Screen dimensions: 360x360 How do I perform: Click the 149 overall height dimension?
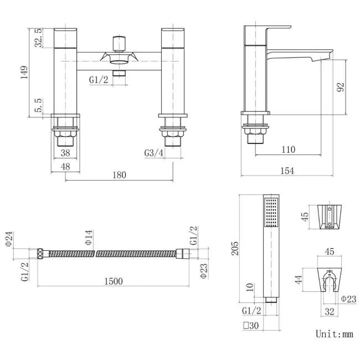pos(24,73)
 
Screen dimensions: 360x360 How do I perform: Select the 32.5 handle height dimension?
pos(38,38)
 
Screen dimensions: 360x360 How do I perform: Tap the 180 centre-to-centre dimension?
pos(119,175)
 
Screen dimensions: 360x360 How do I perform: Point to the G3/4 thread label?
pos(154,153)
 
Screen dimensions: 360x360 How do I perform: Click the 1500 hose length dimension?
pos(114,281)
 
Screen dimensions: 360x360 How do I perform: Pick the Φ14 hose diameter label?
pos(89,238)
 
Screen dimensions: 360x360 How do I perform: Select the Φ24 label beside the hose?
pos(9,239)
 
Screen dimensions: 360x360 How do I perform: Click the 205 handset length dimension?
pos(235,248)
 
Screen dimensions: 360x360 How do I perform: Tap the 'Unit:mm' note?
pos(335,334)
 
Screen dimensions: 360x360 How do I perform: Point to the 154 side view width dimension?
pos(287,171)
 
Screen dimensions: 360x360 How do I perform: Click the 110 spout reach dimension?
pos(288,150)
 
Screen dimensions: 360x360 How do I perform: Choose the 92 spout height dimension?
pos(341,88)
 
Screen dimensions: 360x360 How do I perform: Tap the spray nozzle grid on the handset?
pos(271,213)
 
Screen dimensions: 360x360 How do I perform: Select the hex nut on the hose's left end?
pos(40,254)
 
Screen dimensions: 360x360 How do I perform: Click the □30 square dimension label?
pos(251,326)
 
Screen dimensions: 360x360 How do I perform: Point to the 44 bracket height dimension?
pos(298,280)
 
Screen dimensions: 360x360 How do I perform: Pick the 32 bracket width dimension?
pos(329,312)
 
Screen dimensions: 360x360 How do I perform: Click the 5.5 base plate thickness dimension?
pos(38,105)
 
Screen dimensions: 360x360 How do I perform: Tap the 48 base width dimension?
pos(65,167)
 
